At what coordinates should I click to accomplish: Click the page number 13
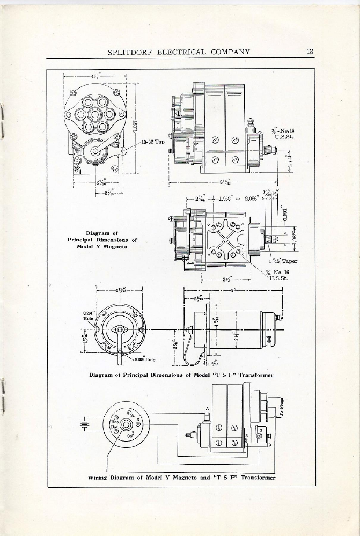click(310, 52)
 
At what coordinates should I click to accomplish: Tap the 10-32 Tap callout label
click(153, 142)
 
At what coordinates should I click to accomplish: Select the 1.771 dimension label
click(290, 162)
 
